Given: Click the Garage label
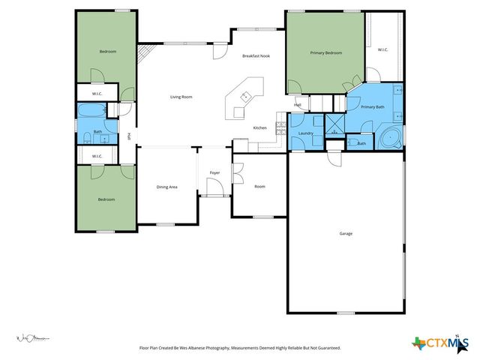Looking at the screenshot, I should click(x=346, y=233).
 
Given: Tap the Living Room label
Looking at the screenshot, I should click(x=181, y=97).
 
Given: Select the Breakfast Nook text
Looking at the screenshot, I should click(x=255, y=56).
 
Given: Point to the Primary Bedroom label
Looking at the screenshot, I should click(x=326, y=52).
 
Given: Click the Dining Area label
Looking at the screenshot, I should click(x=166, y=186).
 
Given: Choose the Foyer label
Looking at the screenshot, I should click(x=214, y=172).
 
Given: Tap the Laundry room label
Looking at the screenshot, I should click(x=305, y=133).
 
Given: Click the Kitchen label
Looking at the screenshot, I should click(x=259, y=127).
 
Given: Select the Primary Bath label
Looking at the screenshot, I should click(x=373, y=107).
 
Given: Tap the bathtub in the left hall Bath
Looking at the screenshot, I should click(x=91, y=112).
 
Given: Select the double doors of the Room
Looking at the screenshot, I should click(x=237, y=174).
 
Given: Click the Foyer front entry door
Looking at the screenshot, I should click(x=215, y=196).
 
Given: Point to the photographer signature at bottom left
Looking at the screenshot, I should click(x=33, y=338).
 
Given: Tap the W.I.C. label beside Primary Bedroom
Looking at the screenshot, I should click(x=382, y=49).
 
